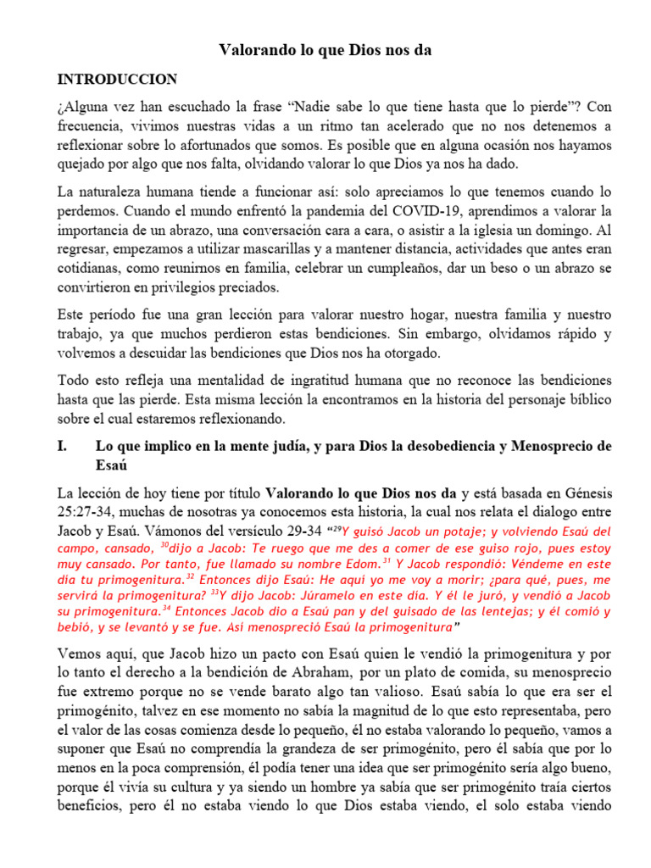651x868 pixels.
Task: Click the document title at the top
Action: tap(325, 51)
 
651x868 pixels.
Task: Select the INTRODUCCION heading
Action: tap(117, 80)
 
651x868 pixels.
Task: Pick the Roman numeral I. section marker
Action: tap(65, 446)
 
